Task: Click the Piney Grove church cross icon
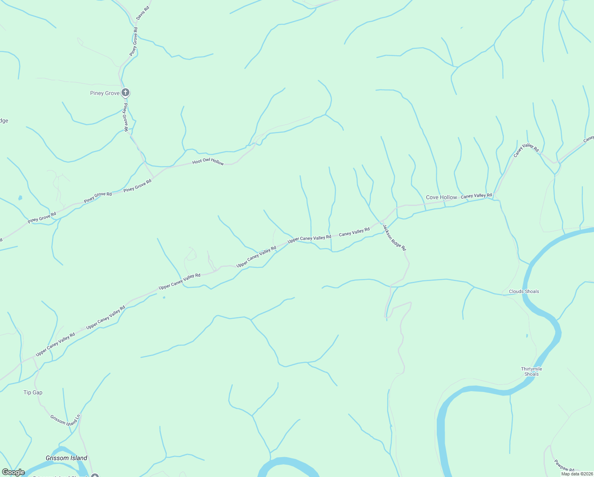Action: [125, 93]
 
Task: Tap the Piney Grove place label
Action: [105, 93]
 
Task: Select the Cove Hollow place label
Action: [442, 198]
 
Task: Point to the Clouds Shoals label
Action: [524, 291]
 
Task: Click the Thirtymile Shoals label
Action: [532, 372]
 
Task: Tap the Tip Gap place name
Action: [33, 393]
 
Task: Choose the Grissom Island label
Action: [66, 458]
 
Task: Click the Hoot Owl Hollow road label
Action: [208, 162]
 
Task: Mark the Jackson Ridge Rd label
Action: [394, 237]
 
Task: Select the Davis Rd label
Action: [143, 13]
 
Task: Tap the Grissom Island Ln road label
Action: [66, 419]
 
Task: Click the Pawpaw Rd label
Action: [564, 466]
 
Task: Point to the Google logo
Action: [13, 472]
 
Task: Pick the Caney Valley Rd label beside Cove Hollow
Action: [476, 196]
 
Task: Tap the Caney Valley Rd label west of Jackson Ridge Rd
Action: [354, 232]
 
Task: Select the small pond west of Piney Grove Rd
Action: [20, 198]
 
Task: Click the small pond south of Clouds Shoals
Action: [527, 336]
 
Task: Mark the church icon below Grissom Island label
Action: [94, 475]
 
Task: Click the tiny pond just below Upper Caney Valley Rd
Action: [164, 297]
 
